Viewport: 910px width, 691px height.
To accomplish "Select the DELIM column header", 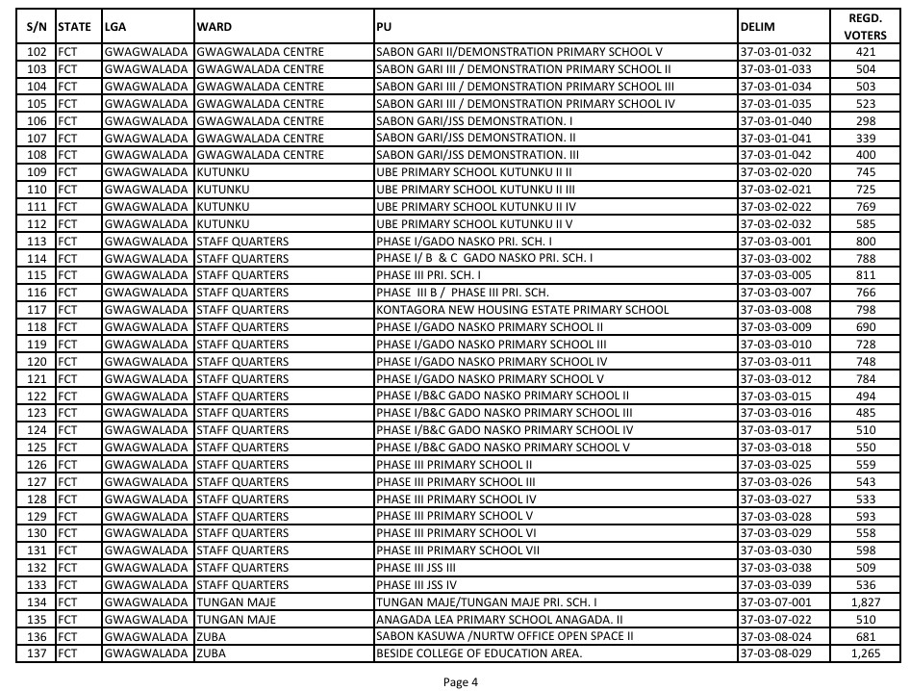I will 758,26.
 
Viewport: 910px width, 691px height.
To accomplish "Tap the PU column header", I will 384,26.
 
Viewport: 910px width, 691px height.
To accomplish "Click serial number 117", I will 38,310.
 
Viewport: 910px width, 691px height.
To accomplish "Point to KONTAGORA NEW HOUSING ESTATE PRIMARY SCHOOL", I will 522,310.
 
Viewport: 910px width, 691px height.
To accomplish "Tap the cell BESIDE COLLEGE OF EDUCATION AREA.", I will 479,654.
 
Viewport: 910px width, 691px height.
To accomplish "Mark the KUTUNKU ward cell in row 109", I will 222,172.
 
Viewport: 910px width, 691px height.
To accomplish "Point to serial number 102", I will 38,52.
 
